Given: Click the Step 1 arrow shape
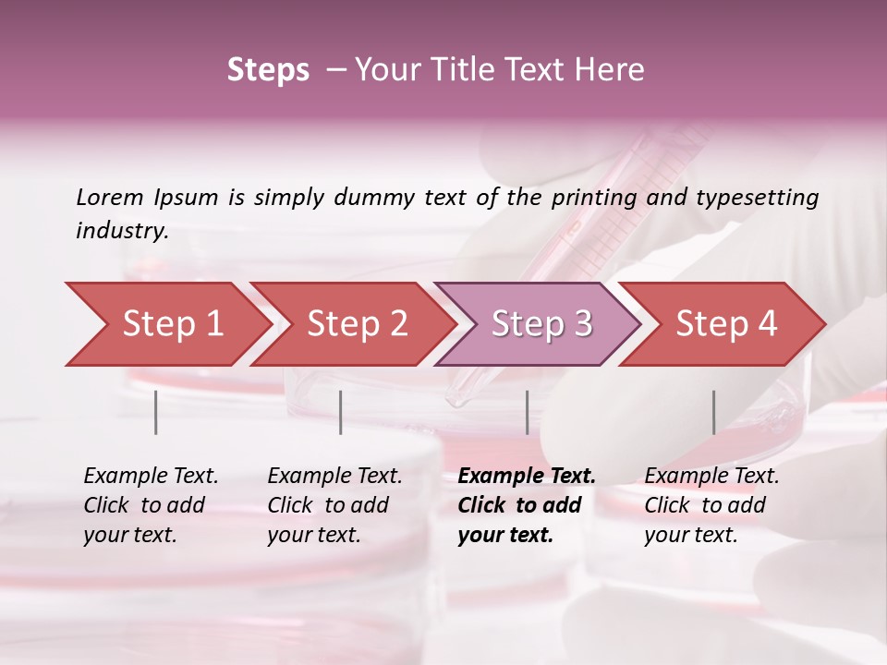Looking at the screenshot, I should coord(171,324).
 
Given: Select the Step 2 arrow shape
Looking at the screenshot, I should coord(356,324).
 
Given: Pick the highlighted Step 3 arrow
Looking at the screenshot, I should coord(541,324).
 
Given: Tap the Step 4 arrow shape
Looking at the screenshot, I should coord(725,324).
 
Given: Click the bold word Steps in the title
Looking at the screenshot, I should coord(268,70).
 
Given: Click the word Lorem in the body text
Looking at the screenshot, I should coord(111,197).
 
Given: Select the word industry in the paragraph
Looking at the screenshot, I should coord(122,231).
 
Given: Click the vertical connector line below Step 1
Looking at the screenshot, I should coord(156,412).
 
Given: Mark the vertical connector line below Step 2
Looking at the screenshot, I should coord(341,412).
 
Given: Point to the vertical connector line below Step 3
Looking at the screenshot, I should coord(527,412).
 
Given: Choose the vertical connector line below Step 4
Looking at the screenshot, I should coord(713,412).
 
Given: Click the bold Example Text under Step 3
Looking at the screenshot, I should coord(527,477).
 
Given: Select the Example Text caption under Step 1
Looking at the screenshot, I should coord(151,477).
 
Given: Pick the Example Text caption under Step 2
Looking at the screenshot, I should coord(334,477).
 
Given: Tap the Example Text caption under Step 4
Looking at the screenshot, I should coord(711,477).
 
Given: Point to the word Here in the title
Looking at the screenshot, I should coord(613,70).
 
